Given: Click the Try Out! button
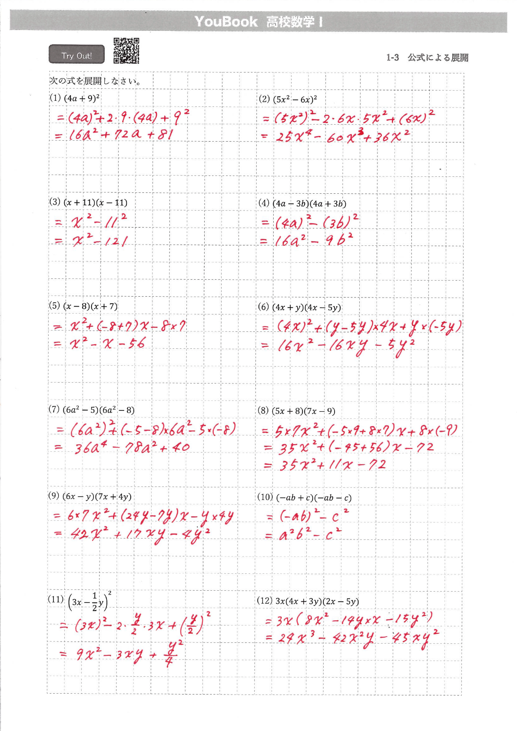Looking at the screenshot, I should pos(76,55).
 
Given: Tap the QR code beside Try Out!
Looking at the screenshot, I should pos(126,51).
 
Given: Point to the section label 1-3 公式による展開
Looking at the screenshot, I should pos(427,57).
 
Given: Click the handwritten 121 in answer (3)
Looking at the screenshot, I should pos(116,240).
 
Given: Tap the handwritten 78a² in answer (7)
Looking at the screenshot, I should pos(139,447).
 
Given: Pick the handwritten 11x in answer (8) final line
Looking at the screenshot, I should pos(340,465).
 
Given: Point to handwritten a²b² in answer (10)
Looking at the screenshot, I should pos(294,534).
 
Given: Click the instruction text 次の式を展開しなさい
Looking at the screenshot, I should pos(95,81).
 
